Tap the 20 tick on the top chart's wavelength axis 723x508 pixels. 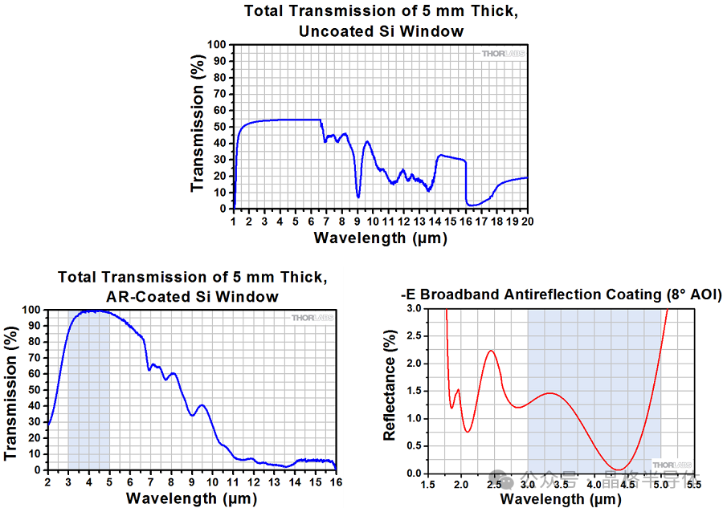point(528,221)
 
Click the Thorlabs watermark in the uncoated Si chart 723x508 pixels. point(503,54)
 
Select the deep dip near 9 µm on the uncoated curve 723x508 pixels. point(358,196)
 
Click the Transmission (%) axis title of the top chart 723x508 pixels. point(198,127)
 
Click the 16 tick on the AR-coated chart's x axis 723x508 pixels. point(335,482)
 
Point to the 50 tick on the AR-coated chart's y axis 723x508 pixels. point(35,390)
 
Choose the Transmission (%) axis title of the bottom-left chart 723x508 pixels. point(11,390)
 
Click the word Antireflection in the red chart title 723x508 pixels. point(546,295)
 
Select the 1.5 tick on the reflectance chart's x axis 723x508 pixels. point(427,485)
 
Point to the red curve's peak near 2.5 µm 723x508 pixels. point(491,351)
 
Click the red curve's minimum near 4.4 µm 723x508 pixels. point(618,469)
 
